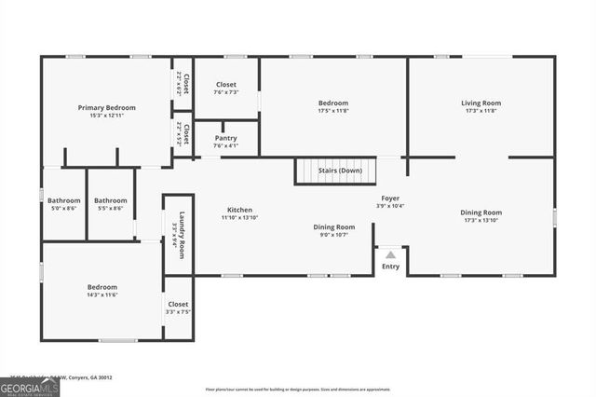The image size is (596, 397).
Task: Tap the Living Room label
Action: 481,103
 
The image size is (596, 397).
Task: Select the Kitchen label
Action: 239,210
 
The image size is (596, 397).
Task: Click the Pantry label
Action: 225,138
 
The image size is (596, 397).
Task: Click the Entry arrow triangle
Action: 391,254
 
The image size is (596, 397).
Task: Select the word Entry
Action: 391,267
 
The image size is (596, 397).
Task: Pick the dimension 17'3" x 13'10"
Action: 481,220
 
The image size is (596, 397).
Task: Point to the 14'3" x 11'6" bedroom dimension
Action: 102,294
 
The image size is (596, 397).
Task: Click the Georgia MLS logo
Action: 30,387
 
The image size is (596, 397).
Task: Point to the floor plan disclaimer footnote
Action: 298,389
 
